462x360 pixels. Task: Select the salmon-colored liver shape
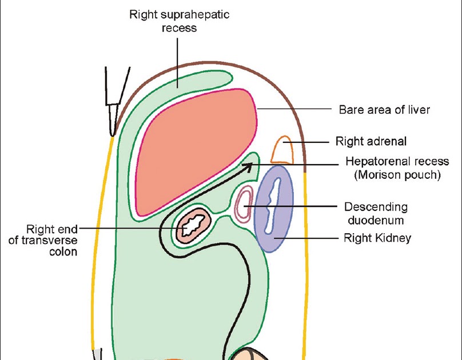click(x=194, y=151)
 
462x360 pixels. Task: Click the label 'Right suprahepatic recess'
click(x=179, y=20)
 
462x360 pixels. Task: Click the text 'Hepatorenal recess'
click(x=393, y=162)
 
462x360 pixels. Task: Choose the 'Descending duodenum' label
click(x=375, y=213)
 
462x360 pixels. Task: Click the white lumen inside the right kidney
click(x=273, y=208)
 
